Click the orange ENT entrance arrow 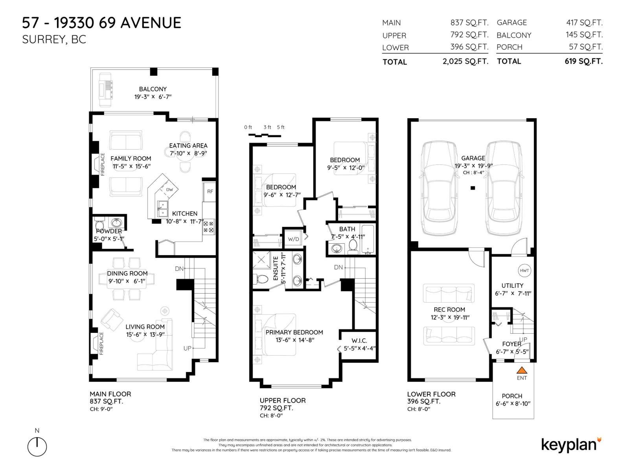(x=522, y=370)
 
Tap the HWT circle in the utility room (x=524, y=270)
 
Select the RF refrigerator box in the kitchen (x=210, y=192)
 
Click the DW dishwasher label (x=169, y=190)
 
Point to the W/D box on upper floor (x=293, y=238)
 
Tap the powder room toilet (x=99, y=225)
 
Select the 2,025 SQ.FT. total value (x=465, y=61)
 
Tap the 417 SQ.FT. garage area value (x=584, y=23)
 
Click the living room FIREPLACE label (x=101, y=343)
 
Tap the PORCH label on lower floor (x=512, y=396)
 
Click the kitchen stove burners (x=208, y=227)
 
